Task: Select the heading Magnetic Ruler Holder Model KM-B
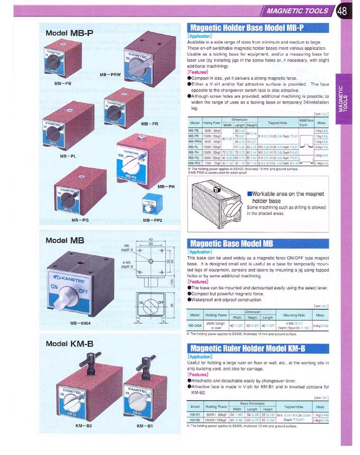tap(246, 349)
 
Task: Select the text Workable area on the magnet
tap(286, 194)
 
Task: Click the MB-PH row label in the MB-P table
tap(194, 152)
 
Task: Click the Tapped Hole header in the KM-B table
tap(293, 407)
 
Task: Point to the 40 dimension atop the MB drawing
tap(151, 239)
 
